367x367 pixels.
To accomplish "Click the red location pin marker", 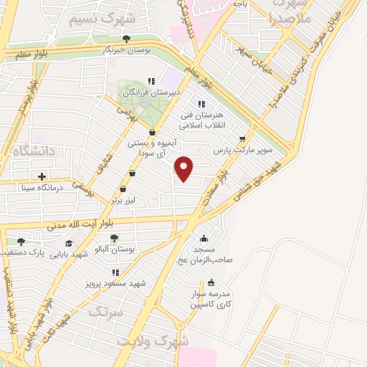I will (x=184, y=168).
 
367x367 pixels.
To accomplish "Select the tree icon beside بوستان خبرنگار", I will (x=127, y=39).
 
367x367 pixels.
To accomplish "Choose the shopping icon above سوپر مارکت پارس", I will (x=242, y=139).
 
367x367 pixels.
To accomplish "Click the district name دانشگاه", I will (x=28, y=150).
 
